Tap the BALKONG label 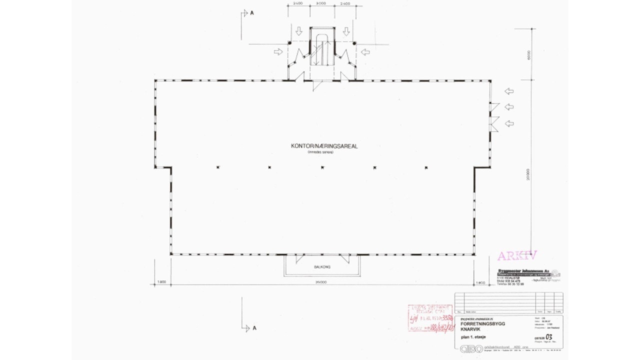[x=322, y=267]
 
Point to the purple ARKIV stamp [x=516, y=256]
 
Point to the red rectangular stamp [x=429, y=317]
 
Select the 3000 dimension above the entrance [x=321, y=3]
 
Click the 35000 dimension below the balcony [x=320, y=282]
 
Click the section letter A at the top [x=252, y=13]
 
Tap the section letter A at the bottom [x=254, y=328]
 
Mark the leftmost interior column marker [x=218, y=167]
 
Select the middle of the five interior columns [x=322, y=167]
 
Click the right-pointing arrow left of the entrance [x=278, y=51]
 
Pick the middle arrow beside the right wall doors [x=509, y=107]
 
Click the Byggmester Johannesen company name [x=522, y=270]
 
